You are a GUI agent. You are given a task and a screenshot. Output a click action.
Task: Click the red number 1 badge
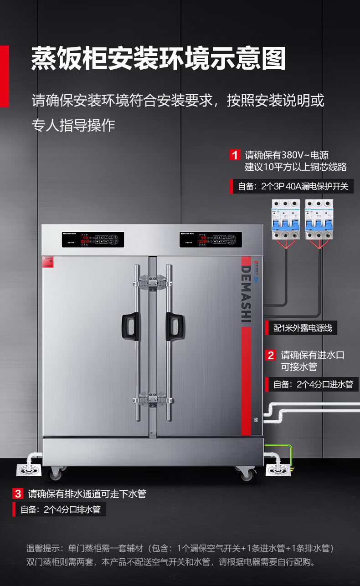[235, 155]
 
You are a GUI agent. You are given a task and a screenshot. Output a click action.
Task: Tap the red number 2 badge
[271, 355]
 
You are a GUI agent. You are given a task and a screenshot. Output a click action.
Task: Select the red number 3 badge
[18, 494]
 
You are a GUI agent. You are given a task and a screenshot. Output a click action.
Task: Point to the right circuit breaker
[319, 219]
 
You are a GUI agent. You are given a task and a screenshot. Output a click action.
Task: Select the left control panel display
[93, 239]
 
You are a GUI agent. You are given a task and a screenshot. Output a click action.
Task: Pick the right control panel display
[210, 239]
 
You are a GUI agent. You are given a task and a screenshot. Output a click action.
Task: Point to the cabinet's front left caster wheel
[56, 474]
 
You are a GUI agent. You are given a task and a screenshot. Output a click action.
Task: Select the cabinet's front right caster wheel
[247, 474]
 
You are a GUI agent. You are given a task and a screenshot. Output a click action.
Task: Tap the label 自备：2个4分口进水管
[313, 384]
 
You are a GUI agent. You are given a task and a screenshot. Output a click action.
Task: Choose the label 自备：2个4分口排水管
[60, 510]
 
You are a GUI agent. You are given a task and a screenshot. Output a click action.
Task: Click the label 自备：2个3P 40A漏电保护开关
[293, 186]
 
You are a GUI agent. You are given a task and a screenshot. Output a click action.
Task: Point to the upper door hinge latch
[153, 281]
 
